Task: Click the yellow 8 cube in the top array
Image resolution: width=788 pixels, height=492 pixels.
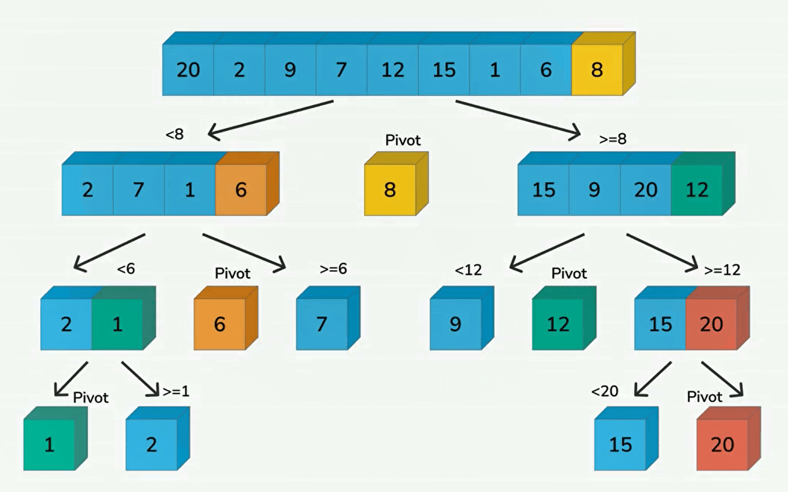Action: (597, 70)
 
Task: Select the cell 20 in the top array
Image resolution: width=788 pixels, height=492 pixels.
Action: (188, 70)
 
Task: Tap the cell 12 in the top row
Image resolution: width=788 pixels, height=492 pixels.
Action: (392, 70)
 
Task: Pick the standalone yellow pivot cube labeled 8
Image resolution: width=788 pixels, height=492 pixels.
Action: (390, 190)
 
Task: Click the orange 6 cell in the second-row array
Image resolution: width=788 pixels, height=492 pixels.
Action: (241, 190)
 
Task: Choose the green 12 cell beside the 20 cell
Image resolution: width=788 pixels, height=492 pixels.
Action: (696, 190)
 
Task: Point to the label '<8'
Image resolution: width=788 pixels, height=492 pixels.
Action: (174, 134)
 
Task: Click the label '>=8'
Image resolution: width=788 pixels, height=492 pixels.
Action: (612, 139)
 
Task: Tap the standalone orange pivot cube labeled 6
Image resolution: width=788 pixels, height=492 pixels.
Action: (220, 324)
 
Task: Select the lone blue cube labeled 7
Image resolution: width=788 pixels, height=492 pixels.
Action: (322, 324)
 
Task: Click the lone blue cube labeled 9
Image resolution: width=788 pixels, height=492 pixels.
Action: (455, 324)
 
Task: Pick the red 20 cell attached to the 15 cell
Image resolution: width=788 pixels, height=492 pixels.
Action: (711, 324)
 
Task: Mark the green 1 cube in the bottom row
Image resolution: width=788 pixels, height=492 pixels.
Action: (49, 445)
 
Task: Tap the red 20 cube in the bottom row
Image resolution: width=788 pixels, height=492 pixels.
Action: (722, 445)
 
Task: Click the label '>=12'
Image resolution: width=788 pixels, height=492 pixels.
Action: (722, 270)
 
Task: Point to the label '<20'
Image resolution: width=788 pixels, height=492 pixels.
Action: (604, 391)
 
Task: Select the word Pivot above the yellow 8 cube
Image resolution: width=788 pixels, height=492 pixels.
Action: (403, 140)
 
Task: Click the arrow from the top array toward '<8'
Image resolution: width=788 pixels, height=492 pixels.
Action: (271, 119)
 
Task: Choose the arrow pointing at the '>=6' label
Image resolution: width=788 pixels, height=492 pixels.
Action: (244, 251)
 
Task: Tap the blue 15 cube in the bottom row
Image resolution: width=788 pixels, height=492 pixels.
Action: (620, 445)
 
